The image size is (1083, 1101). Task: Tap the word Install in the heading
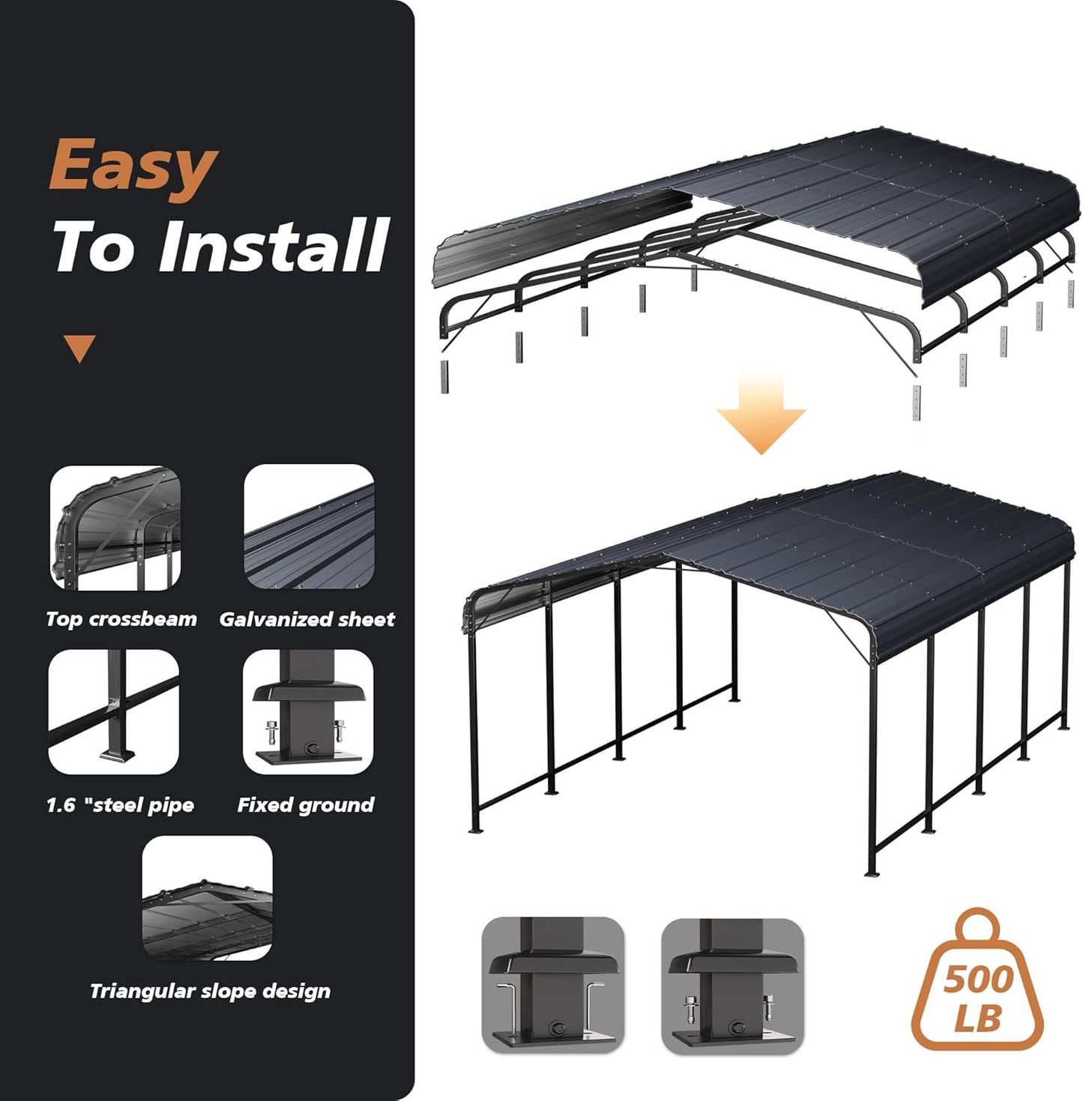274,246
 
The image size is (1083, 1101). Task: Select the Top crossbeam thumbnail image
115,528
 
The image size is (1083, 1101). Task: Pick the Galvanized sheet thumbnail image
309,527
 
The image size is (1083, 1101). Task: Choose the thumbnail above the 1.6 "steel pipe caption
114,711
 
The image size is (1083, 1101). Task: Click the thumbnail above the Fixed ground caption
308,711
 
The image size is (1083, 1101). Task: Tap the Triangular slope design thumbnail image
208,898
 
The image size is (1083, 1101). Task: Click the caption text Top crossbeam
121,619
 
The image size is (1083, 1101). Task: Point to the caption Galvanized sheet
307,619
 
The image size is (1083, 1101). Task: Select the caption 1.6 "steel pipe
120,805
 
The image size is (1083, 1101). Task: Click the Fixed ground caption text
306,805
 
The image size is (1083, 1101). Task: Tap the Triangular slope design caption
210,991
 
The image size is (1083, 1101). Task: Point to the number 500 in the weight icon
978,980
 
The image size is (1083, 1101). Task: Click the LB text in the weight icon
978,1019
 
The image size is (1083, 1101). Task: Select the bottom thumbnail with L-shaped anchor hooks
553,985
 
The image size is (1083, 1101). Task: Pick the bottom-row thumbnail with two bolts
732,985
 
